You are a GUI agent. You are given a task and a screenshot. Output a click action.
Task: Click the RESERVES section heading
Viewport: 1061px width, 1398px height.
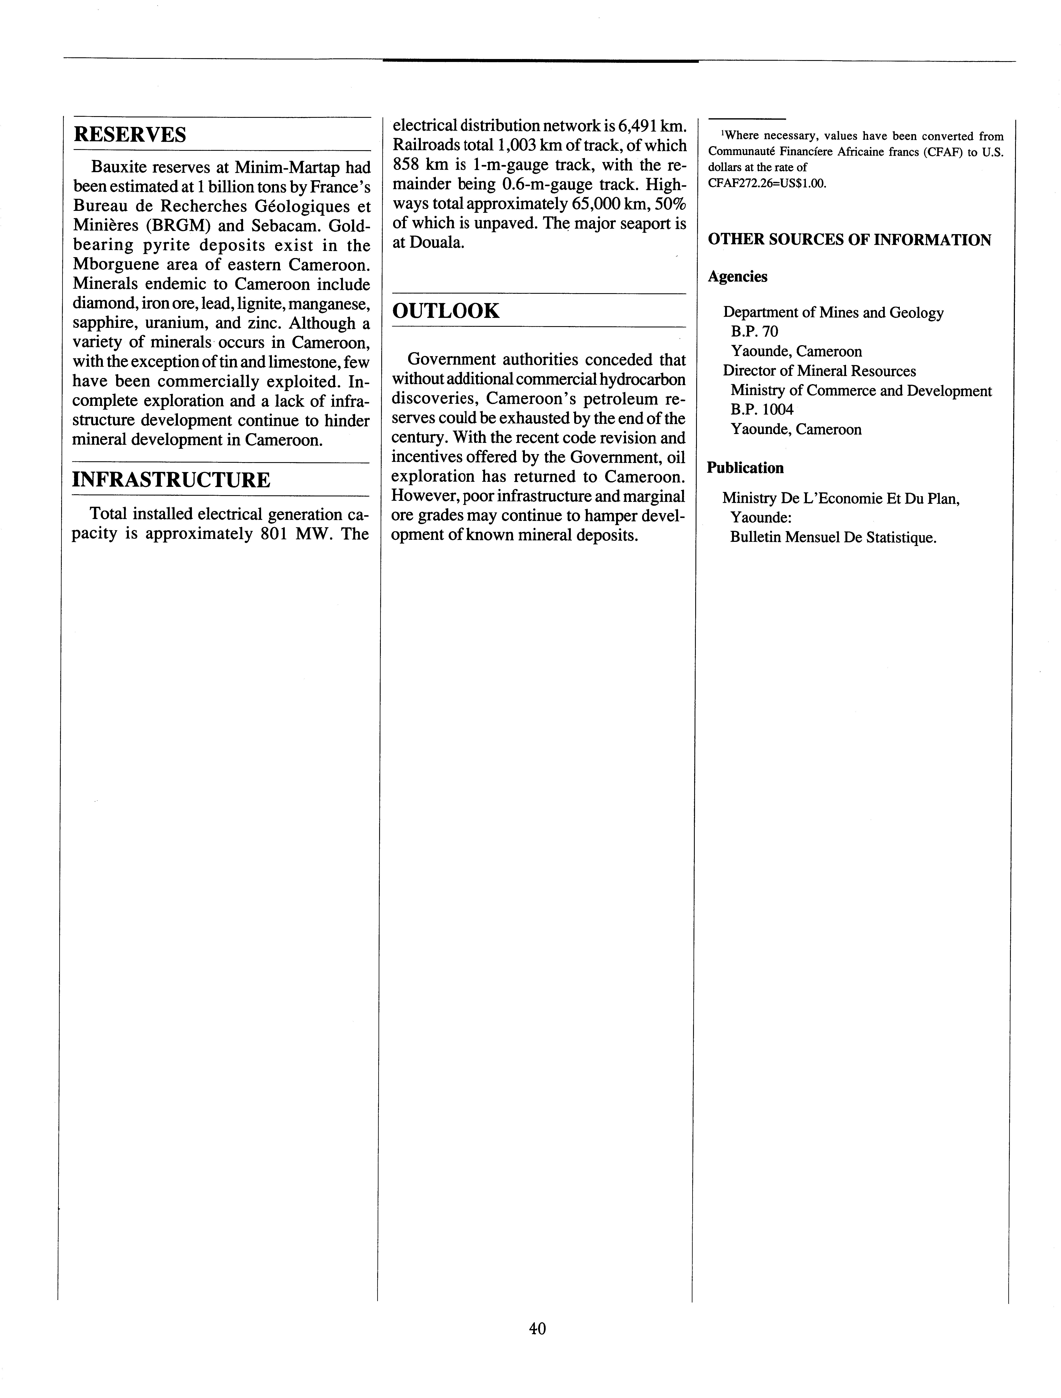pos(130,135)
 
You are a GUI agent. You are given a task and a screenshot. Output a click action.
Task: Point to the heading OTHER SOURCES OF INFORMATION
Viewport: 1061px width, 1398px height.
pos(849,240)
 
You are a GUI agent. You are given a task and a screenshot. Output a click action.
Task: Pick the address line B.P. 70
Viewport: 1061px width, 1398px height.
pos(754,332)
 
